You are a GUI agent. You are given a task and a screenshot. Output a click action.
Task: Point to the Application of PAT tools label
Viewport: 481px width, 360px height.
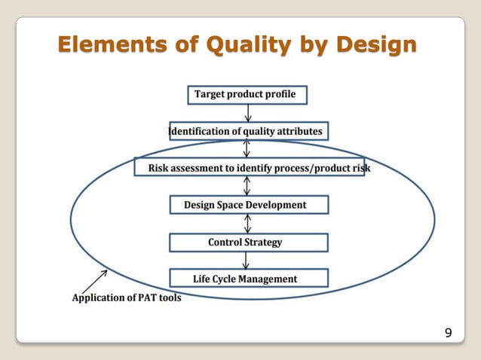coord(126,297)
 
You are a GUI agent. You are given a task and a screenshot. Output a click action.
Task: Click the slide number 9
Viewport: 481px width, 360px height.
coord(449,333)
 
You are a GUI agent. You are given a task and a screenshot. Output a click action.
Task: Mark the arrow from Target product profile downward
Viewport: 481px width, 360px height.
coord(247,113)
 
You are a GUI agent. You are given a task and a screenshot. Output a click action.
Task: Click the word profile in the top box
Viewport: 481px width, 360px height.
coord(280,95)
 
